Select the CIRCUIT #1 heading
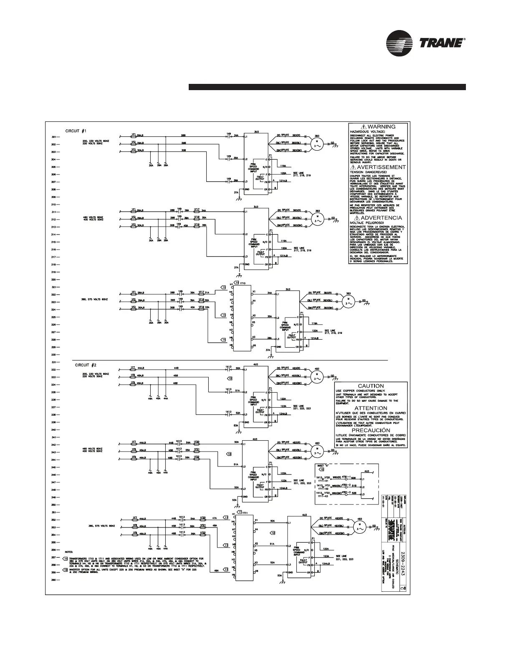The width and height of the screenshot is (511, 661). pyautogui.click(x=76, y=131)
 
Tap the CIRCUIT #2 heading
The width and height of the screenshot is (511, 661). pyautogui.click(x=85, y=365)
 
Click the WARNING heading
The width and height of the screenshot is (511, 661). pyautogui.click(x=378, y=126)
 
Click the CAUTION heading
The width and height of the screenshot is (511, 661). pyautogui.click(x=371, y=386)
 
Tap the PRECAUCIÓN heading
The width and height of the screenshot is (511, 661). pyautogui.click(x=371, y=430)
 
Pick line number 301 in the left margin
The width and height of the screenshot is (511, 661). pyautogui.click(x=54, y=137)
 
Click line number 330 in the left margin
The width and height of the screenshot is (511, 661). pyautogui.click(x=54, y=355)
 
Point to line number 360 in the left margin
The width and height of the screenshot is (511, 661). pyautogui.click(x=54, y=580)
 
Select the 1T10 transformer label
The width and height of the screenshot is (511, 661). pyautogui.click(x=243, y=283)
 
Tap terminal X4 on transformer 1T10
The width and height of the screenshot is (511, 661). pyautogui.click(x=254, y=300)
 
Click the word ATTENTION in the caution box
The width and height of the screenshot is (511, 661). pyautogui.click(x=371, y=408)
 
